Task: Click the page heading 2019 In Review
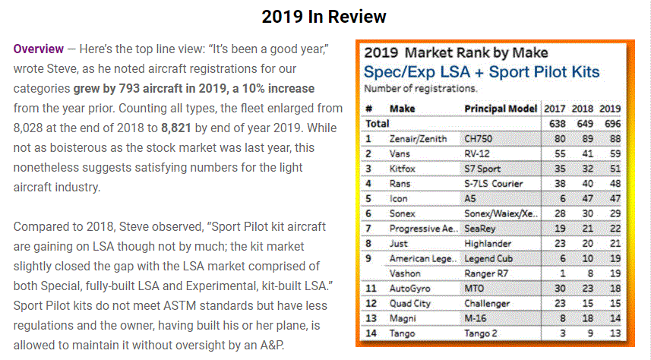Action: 324,17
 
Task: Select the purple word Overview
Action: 39,49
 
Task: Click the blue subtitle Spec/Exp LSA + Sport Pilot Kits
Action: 482,73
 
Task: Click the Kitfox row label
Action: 403,169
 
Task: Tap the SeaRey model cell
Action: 482,229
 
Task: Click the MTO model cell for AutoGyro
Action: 476,289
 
